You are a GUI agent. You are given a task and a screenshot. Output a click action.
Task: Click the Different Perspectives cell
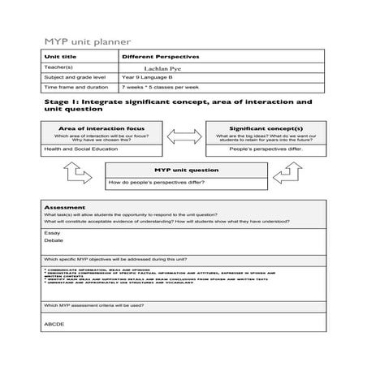[x=160, y=57]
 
